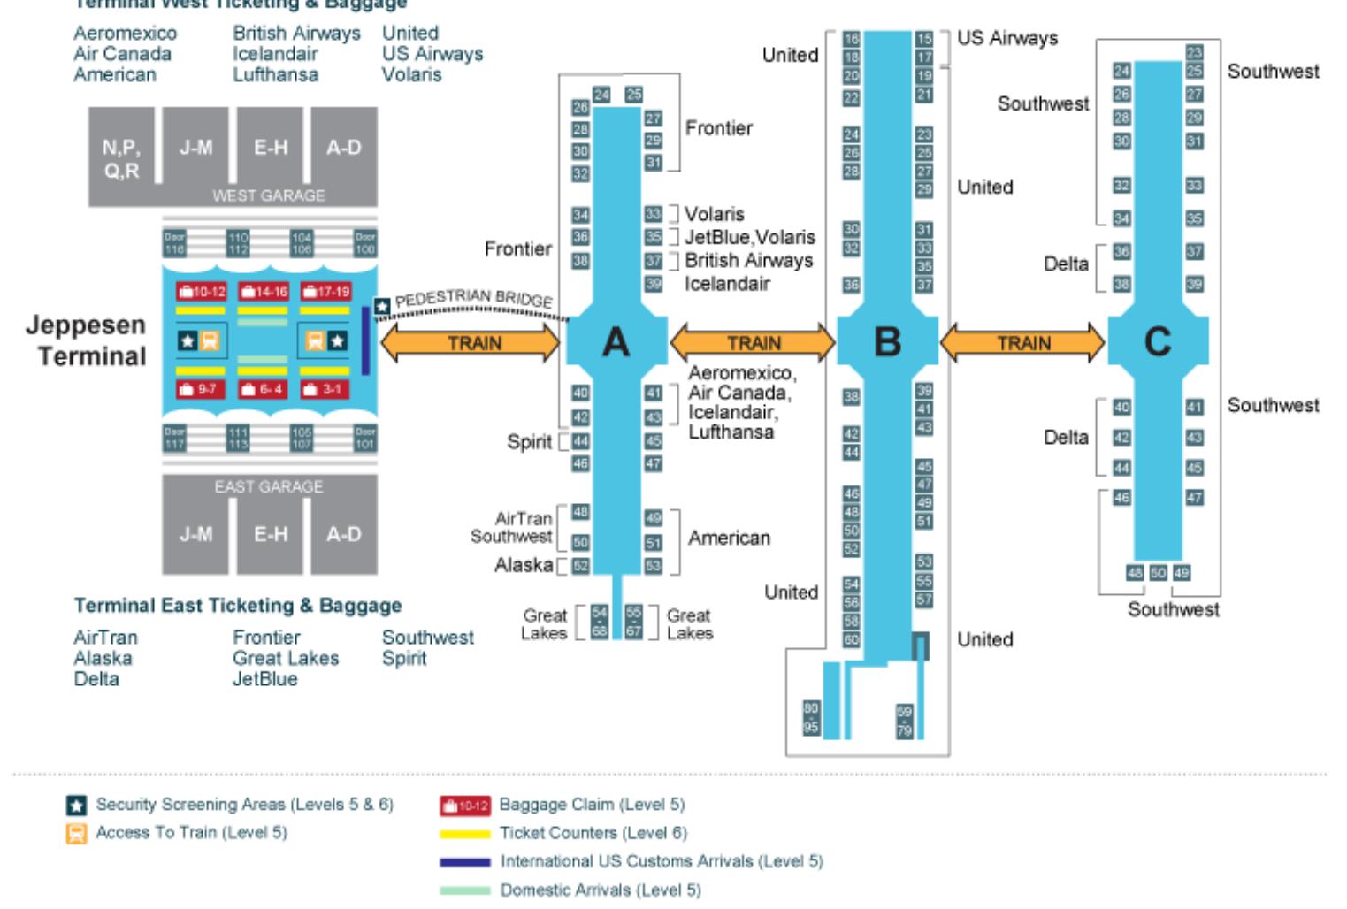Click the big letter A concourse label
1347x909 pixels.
pos(616,341)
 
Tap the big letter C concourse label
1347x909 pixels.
pos(1157,341)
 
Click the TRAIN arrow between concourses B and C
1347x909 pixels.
pos(1023,343)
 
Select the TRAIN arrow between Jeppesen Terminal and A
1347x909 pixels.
pos(473,343)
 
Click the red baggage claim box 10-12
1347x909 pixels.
pos(201,291)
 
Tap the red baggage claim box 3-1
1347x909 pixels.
pos(325,389)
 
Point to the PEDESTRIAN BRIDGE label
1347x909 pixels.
pos(473,299)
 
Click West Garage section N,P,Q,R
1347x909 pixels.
pos(121,157)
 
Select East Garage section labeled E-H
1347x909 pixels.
pos(270,534)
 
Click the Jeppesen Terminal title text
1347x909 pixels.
pos(86,340)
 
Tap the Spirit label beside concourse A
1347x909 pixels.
pos(529,441)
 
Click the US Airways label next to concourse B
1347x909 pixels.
pos(1006,38)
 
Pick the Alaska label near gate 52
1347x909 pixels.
pos(524,565)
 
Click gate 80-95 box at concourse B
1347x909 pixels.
pos(810,717)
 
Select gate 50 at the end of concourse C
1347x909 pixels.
pos(1158,572)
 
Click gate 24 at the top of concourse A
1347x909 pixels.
pos(601,95)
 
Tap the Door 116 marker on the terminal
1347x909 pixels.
pos(174,243)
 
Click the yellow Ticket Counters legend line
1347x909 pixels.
pos(464,833)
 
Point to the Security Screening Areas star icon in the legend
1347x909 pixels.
pos(77,805)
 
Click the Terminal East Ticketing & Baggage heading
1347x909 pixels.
pos(237,606)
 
